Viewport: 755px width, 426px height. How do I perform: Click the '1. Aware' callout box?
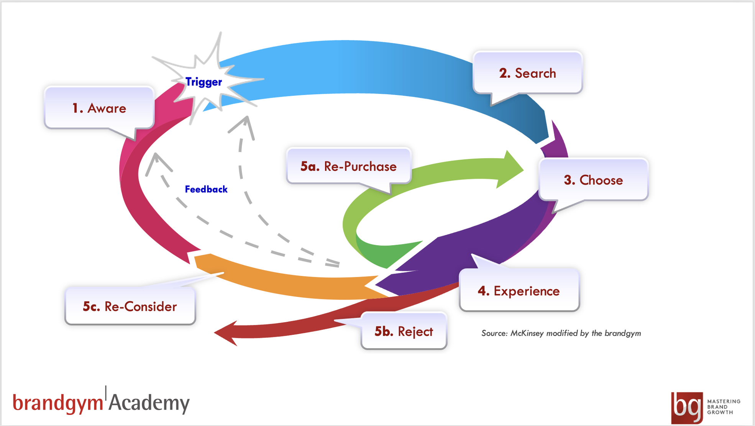(x=99, y=108)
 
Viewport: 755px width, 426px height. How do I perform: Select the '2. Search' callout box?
(x=527, y=73)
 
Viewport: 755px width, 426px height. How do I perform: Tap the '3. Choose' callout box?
(x=593, y=180)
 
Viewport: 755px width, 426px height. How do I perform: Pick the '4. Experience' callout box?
(x=519, y=291)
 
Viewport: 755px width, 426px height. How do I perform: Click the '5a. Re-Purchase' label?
(x=348, y=166)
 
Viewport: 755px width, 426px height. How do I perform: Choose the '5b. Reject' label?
(x=404, y=331)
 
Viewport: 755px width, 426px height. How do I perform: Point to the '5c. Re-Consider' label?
(x=130, y=306)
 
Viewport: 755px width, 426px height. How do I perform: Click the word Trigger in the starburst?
(x=204, y=82)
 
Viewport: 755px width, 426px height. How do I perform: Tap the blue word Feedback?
(x=206, y=189)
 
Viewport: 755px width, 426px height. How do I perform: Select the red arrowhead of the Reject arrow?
(x=228, y=332)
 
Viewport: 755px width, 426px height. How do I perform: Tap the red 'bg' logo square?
(x=687, y=407)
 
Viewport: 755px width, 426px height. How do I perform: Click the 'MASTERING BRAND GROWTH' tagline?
(x=724, y=407)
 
